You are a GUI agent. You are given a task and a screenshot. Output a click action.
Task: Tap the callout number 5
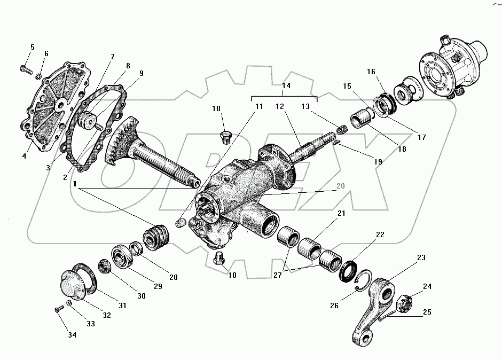coord(32,48)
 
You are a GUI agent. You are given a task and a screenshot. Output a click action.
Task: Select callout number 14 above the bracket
coord(286,85)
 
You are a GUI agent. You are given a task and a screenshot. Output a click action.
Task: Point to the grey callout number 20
coord(340,186)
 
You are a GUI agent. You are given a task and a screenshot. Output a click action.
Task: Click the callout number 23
coord(421,257)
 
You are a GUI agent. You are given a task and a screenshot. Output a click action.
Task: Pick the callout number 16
coord(372,72)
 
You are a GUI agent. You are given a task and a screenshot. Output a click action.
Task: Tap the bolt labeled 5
coord(25,68)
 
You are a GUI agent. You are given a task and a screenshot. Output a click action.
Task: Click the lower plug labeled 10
coord(218,260)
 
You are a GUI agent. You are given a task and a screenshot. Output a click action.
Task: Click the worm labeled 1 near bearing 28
coord(157,238)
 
